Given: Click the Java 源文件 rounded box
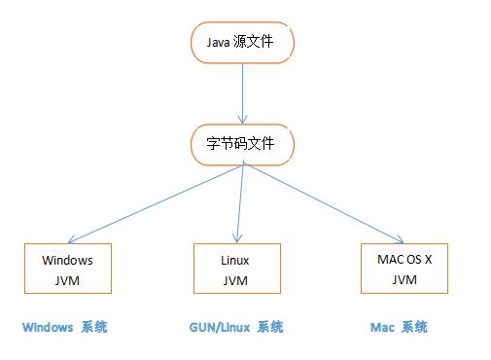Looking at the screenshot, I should pos(241,43).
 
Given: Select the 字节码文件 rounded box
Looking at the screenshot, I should pos(241,144).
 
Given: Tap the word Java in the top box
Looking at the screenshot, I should pos(220,43).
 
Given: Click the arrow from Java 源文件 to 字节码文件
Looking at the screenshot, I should pos(241,92).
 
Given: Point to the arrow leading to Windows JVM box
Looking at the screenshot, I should pos(156,202).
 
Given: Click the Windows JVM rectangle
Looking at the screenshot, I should pos(67,270).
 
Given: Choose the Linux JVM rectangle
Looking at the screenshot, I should pos(236,270).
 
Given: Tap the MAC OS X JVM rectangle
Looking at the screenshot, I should pos(403,269).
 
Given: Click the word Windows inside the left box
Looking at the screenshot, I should pos(67,260).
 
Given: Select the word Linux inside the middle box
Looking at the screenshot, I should pos(236,260).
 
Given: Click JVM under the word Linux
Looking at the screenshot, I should pos(236,280).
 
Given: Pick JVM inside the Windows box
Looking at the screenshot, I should pos(67,280).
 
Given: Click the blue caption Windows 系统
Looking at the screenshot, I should pos(64,327).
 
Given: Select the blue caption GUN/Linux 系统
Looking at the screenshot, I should pos(235,327).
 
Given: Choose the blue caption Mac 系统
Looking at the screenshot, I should pos(399,327).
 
